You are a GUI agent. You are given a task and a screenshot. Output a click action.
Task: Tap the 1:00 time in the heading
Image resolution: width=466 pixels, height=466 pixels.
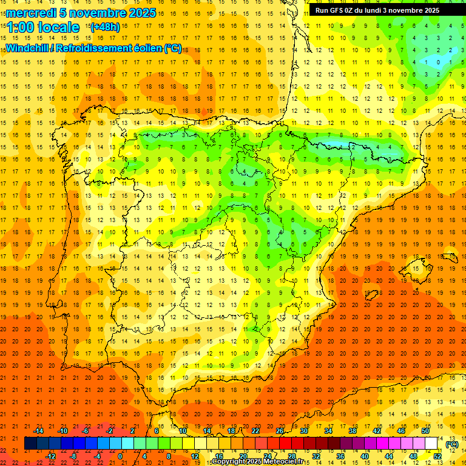click(x=22, y=27)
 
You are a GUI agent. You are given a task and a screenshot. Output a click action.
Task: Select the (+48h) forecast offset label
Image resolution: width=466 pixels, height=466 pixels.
click(x=104, y=27)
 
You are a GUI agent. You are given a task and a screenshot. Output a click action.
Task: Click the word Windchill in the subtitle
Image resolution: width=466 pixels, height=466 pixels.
click(x=27, y=48)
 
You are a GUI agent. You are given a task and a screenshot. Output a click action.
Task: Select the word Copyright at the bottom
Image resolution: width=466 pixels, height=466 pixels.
click(x=231, y=462)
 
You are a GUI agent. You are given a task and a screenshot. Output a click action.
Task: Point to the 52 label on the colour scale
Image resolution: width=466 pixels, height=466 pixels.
click(x=437, y=456)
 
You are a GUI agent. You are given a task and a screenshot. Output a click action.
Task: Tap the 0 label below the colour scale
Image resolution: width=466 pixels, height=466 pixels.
click(x=120, y=456)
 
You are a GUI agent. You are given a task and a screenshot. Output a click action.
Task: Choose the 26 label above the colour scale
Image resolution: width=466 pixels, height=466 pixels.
click(x=280, y=431)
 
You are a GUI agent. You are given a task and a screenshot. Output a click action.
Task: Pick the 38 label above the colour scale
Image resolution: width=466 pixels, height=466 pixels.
click(x=353, y=431)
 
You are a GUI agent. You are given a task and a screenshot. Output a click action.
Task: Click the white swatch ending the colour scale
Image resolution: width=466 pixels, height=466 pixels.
click(x=431, y=444)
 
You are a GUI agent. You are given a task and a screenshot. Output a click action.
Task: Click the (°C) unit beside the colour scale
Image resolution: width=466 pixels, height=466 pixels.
click(x=452, y=444)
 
